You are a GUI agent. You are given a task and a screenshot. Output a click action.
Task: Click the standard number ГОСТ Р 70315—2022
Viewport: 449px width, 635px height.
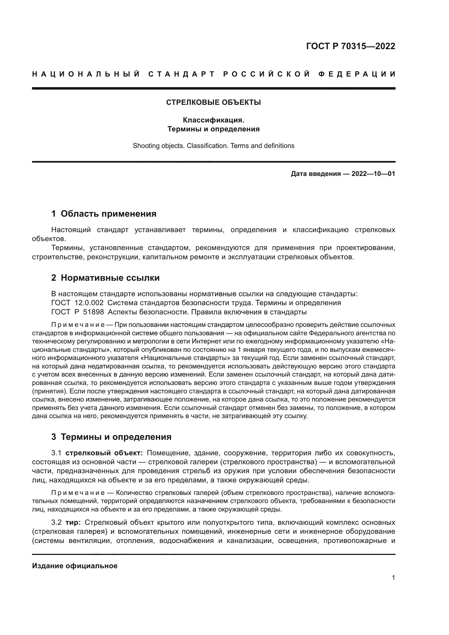tap(350, 46)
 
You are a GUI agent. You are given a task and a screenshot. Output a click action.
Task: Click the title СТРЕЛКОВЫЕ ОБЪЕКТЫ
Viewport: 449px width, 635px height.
tap(213, 103)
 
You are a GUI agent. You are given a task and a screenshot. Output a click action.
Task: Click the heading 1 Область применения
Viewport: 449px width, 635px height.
tap(104, 214)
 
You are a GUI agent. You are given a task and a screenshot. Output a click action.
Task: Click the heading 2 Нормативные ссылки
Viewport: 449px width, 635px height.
tap(105, 278)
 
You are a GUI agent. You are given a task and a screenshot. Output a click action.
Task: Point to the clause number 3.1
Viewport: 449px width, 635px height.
tap(56, 453)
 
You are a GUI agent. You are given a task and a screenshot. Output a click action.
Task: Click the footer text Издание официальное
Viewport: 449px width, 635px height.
tap(75, 566)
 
